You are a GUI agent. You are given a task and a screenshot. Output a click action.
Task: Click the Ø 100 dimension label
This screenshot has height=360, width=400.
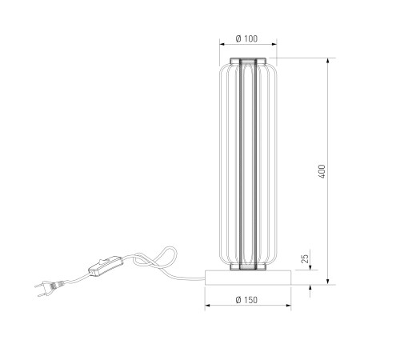click(246, 38)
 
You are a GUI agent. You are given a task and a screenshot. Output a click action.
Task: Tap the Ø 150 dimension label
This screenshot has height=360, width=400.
click(246, 300)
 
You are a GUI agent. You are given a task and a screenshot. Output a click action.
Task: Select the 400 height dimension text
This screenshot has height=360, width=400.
click(322, 171)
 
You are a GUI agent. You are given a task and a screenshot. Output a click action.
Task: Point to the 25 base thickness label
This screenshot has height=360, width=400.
click(305, 258)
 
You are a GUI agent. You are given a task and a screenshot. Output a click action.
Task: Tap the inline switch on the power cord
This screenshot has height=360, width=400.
click(106, 266)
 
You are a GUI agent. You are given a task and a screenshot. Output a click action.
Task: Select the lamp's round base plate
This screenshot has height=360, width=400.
click(248, 278)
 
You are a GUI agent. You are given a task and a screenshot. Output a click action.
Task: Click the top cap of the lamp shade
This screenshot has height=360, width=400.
click(248, 61)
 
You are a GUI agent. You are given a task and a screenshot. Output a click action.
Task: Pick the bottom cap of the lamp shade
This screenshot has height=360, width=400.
click(248, 266)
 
